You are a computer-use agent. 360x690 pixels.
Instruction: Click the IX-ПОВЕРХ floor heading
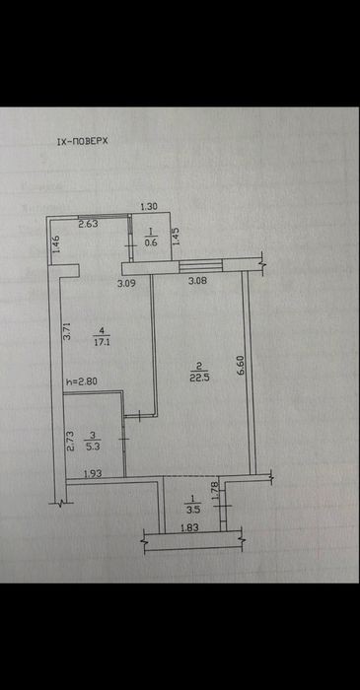pos(83,141)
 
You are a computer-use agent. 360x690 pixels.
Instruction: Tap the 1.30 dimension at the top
pos(149,205)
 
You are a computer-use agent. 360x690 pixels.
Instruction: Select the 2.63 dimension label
pos(88,224)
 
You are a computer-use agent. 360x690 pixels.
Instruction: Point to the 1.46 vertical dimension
pos(56,243)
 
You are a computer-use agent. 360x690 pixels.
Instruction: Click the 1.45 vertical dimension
pos(176,237)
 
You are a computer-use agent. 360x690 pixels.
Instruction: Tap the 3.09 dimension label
pos(126,284)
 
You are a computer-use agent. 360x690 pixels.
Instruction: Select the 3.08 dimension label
pos(197,281)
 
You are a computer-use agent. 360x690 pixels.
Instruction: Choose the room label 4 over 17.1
pos(102,336)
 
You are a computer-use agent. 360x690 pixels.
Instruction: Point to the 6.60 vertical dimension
pos(241,366)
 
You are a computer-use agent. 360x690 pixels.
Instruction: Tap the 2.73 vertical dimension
pos(70,442)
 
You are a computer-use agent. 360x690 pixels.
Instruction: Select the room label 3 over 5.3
pos(93,441)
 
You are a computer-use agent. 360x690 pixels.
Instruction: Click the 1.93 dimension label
pos(93,474)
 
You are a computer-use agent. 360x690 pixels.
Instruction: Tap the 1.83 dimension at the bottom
pos(190,529)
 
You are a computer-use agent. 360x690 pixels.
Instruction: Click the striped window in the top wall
pos(201,266)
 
